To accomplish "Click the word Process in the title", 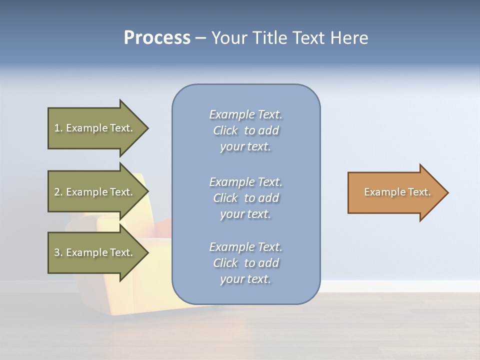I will pos(157,38).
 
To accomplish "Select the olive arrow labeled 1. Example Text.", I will pos(95,128).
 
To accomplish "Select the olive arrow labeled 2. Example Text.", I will pos(95,192).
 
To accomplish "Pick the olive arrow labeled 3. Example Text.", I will pos(95,252).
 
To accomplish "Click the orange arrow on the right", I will pos(395,192).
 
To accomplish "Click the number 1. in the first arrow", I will pos(58,128).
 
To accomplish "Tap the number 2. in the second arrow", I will pos(58,192).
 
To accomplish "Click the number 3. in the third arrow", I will pos(58,252).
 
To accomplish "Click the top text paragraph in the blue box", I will pos(245,130).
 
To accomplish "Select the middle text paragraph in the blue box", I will pos(245,198).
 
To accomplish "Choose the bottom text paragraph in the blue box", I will pos(245,263).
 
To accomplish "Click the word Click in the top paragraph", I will pos(225,130).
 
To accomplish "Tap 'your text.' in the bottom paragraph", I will pos(245,279).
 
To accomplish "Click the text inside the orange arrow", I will pos(397,192).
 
